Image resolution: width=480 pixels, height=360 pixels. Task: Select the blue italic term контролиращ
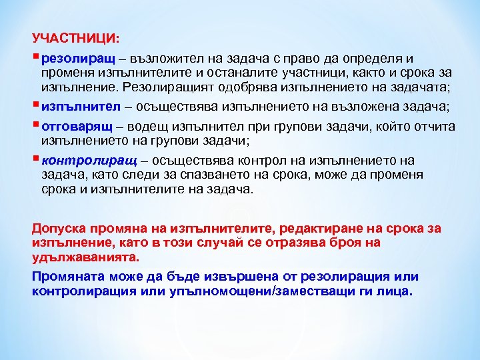[89, 160]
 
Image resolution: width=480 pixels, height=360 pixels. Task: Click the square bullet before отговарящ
[35, 124]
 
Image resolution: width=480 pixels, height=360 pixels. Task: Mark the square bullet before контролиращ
[35, 159]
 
